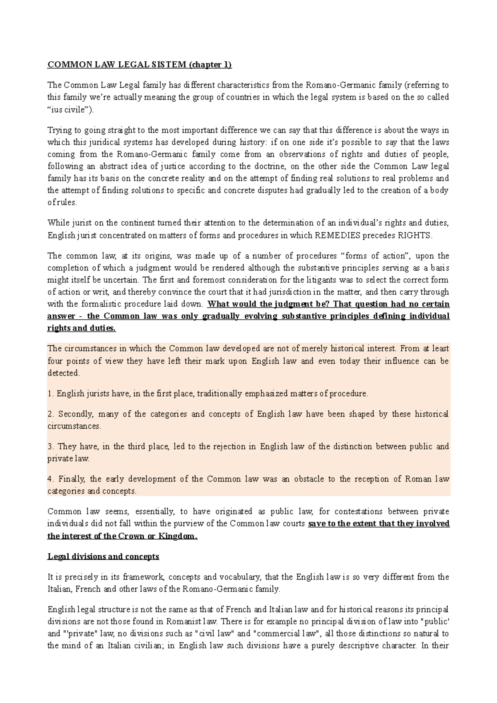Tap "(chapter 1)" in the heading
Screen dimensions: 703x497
pyautogui.click(x=210, y=65)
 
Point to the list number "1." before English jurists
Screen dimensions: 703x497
pyautogui.click(x=51, y=394)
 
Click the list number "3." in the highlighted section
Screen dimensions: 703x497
pyautogui.click(x=51, y=447)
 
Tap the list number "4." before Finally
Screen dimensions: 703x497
pyautogui.click(x=51, y=479)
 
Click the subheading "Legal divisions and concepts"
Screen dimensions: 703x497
pyautogui.click(x=104, y=556)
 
